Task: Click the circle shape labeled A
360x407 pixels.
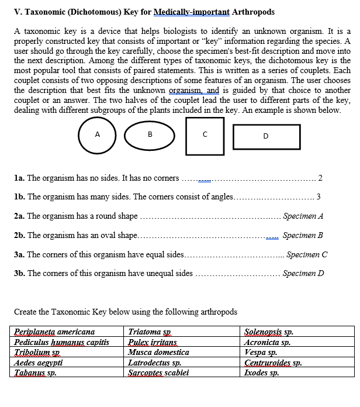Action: coord(97,135)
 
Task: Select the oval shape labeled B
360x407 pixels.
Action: coord(150,136)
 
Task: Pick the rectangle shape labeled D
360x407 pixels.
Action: coord(266,137)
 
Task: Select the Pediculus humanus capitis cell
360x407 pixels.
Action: coord(61,342)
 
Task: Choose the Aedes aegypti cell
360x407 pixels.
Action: coord(40,363)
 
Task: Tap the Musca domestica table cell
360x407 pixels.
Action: coord(158,353)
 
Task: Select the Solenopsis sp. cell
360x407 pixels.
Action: coord(268,332)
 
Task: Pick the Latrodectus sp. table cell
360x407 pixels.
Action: coord(155,363)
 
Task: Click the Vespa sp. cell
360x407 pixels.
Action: coord(260,353)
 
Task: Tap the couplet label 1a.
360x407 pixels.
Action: coord(19,178)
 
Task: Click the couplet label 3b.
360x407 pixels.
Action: coord(19,273)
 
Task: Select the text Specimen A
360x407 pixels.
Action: coord(303,216)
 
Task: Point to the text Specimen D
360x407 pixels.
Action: coord(303,273)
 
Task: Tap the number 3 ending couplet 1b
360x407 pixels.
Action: coord(318,196)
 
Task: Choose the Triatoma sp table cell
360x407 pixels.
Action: coord(148,332)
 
